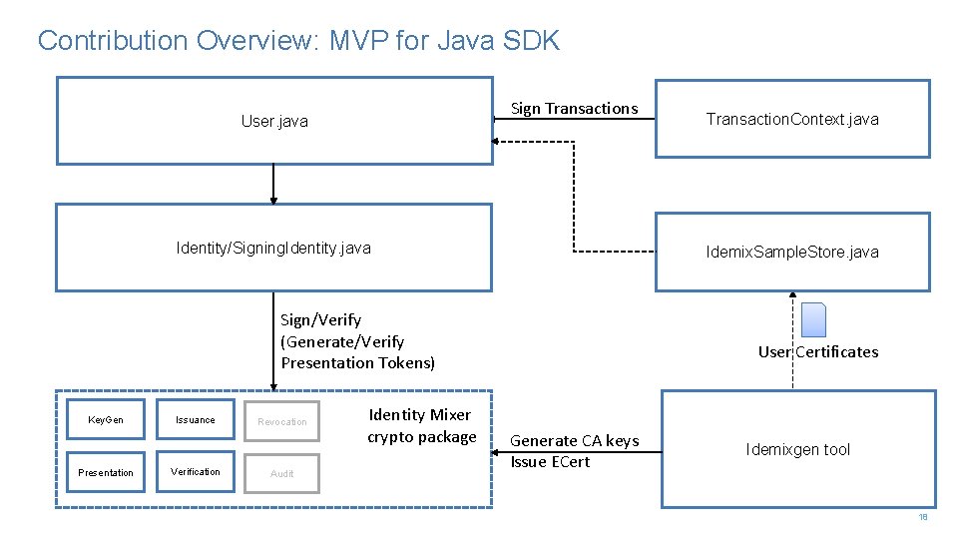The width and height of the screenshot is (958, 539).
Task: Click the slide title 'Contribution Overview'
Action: click(x=298, y=41)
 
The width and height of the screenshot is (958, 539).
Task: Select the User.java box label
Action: click(x=274, y=122)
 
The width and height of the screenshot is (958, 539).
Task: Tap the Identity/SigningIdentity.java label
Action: click(x=273, y=248)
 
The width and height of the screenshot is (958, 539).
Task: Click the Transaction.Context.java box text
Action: click(x=792, y=120)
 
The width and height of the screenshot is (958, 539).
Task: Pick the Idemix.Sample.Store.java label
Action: click(x=792, y=252)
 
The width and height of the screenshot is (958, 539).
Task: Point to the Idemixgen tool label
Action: click(x=797, y=450)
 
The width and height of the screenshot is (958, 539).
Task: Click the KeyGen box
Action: click(x=106, y=420)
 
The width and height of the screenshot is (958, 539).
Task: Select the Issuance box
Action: click(x=195, y=420)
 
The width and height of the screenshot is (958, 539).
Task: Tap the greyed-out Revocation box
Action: click(x=282, y=421)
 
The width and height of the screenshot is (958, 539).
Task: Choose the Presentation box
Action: click(x=106, y=472)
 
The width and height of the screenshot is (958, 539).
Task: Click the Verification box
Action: click(x=195, y=472)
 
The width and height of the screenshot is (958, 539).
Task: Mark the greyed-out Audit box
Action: click(x=282, y=473)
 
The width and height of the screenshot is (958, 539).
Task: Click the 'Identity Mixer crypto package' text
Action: click(x=421, y=426)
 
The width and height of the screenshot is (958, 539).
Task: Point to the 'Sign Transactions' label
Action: click(x=574, y=109)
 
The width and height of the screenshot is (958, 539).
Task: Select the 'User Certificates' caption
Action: click(x=818, y=351)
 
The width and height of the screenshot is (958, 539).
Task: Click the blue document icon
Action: click(x=814, y=319)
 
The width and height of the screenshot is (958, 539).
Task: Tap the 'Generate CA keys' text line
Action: click(x=575, y=440)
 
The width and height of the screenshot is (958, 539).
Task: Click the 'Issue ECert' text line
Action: click(x=550, y=462)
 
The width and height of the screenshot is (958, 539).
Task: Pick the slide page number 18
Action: click(x=923, y=517)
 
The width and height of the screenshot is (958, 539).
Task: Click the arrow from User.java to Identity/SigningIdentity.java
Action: click(x=272, y=185)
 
